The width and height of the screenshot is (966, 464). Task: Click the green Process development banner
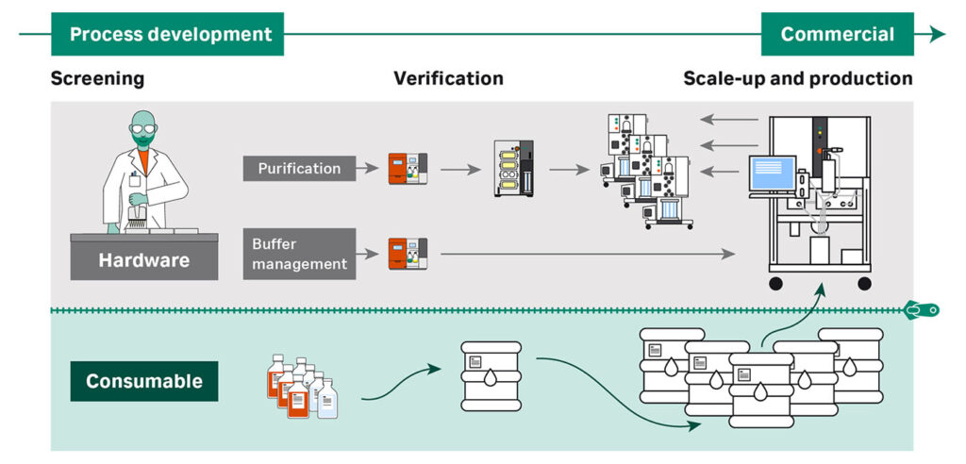point(171,35)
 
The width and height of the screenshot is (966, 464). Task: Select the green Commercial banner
point(838,35)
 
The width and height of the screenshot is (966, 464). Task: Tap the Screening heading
point(97,78)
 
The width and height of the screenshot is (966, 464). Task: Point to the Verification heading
point(448,78)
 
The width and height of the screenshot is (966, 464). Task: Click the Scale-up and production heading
point(797,78)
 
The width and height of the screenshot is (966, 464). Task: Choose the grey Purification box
point(299,169)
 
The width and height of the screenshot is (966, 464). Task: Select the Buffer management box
point(299,254)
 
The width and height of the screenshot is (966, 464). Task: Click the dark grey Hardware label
point(144,259)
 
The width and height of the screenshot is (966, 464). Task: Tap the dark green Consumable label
point(144,381)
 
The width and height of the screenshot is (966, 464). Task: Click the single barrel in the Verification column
point(491,375)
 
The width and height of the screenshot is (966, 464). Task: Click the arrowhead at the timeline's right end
point(936,35)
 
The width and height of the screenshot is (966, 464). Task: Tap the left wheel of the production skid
point(775,284)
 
